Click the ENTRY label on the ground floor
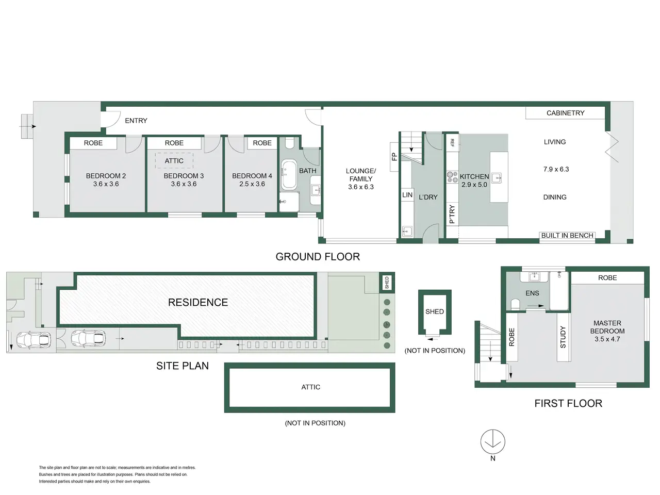tap(136, 121)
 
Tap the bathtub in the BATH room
tap(289, 175)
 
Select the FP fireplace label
tap(394, 157)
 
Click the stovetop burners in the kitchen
tap(452, 177)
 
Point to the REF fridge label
tap(452, 142)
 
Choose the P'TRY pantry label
tap(452, 214)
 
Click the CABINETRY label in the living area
tap(565, 113)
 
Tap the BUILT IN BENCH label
tap(567, 235)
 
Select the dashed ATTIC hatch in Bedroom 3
tap(174, 161)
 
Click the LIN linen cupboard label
tap(407, 195)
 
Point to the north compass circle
tap(492, 441)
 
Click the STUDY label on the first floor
tap(563, 337)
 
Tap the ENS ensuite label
tap(532, 293)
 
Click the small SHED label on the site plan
tap(387, 283)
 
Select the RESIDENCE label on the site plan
tap(198, 302)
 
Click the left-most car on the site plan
tap(34, 339)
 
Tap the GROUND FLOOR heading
tap(318, 257)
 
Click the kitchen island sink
tap(497, 178)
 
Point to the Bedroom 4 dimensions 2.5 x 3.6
tap(252, 184)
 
